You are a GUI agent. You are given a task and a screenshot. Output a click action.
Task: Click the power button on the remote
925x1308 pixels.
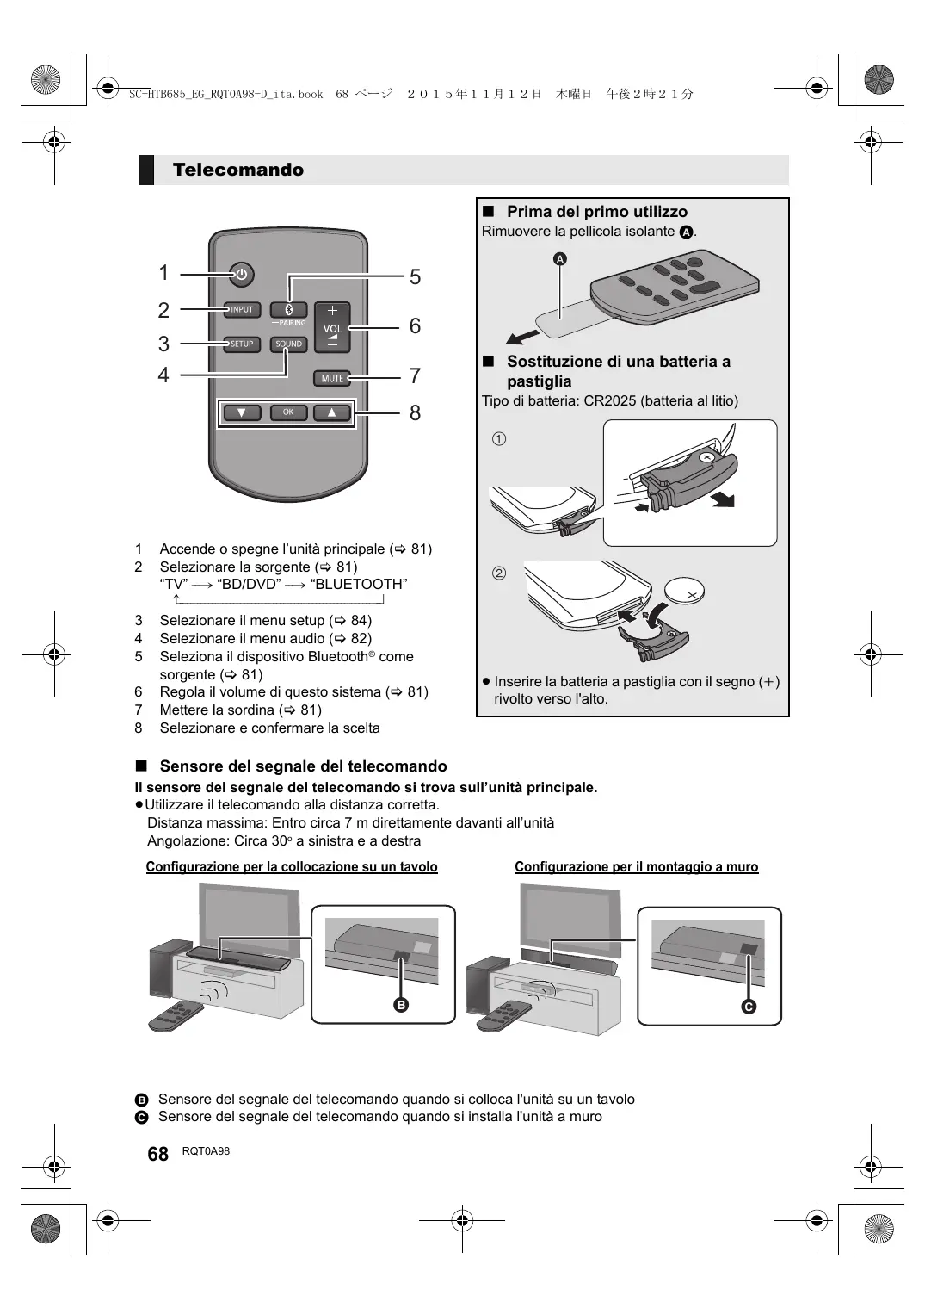(x=241, y=276)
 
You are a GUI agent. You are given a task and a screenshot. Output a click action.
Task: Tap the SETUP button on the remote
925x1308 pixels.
(x=242, y=344)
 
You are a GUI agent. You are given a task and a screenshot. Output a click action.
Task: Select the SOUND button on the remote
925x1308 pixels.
(x=289, y=344)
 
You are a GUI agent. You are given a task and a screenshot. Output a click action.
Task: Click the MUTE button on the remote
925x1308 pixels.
(x=332, y=378)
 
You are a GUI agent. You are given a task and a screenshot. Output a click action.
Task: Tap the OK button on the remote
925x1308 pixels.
(x=288, y=412)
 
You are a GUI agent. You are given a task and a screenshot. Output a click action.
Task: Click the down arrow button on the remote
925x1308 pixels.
(x=242, y=412)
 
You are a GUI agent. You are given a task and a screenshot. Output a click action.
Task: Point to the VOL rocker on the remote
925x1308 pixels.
(x=332, y=328)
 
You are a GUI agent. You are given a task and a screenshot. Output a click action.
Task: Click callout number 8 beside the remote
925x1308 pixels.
(x=415, y=413)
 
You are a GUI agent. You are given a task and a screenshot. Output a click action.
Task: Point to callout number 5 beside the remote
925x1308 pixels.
(x=415, y=277)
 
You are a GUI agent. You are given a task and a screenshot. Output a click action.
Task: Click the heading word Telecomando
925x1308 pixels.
(x=237, y=170)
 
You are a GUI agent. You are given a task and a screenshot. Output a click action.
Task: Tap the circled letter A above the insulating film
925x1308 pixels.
(x=560, y=258)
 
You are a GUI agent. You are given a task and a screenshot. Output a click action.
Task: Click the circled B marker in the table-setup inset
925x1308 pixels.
(x=401, y=1005)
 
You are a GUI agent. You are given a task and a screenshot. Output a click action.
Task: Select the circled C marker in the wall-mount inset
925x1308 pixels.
(x=749, y=1007)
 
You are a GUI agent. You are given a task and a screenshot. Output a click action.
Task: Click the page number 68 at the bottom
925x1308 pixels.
(x=157, y=1154)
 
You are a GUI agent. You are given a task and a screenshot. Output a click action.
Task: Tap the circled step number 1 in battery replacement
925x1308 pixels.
(x=499, y=439)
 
